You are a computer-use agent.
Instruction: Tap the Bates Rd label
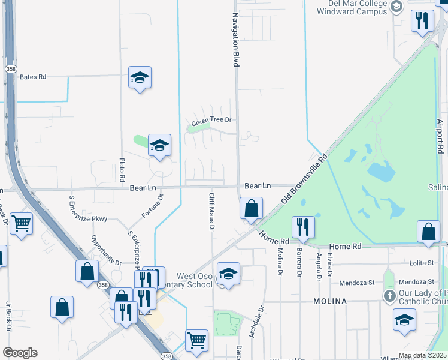point(33,77)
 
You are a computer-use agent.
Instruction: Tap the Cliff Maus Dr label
point(211,213)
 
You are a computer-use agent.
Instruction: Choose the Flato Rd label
point(122,170)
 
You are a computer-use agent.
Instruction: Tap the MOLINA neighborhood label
point(329,301)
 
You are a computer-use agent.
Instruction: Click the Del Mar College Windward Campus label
point(351,7)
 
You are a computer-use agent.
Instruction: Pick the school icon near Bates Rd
point(140,77)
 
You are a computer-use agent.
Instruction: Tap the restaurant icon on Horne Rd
point(303,227)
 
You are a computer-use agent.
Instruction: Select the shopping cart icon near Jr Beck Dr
point(22,223)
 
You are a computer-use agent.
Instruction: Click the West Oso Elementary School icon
point(228,274)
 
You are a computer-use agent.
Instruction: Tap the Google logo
point(20,353)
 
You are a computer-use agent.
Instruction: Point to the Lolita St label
point(422,263)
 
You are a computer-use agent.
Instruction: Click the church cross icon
point(389,296)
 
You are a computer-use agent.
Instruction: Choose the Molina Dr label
point(279,263)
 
